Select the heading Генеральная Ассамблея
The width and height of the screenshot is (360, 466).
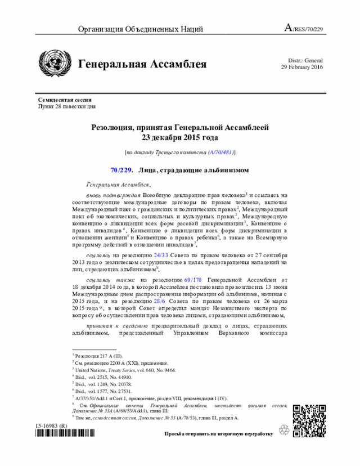(x=142, y=64)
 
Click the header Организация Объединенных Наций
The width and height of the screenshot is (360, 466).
(x=140, y=29)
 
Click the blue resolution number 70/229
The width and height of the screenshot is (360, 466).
(x=121, y=171)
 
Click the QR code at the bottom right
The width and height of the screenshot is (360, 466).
(x=306, y=417)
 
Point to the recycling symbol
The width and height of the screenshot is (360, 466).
(x=284, y=429)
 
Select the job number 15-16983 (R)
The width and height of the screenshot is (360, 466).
(x=52, y=426)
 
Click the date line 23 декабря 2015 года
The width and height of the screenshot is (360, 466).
(x=179, y=137)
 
